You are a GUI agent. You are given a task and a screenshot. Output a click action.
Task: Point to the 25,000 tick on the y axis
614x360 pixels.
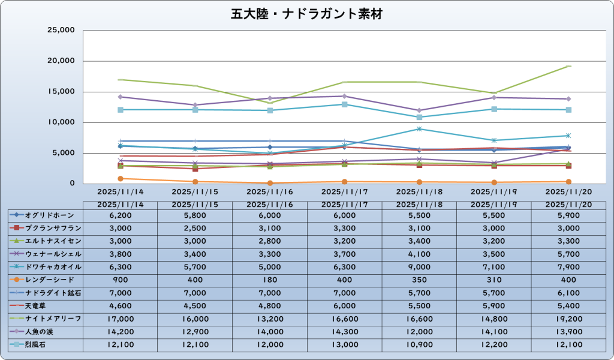[x=60, y=30]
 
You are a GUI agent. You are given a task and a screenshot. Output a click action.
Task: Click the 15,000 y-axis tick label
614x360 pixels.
[x=60, y=92]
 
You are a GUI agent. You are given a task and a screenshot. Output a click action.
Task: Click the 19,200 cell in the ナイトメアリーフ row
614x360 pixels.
[x=568, y=319]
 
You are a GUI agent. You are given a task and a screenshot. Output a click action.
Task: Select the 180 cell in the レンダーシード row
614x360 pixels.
[x=269, y=280]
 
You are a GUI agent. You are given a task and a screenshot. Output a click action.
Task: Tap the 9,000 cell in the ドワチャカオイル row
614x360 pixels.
[x=419, y=267]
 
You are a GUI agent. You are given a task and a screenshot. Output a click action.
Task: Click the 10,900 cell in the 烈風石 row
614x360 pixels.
[x=419, y=344]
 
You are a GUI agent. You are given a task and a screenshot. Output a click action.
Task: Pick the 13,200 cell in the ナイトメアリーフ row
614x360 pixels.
[x=269, y=319]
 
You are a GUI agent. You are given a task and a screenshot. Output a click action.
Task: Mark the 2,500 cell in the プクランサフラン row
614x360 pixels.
[x=194, y=228]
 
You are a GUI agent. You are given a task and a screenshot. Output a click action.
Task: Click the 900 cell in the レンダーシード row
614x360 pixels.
[x=120, y=280]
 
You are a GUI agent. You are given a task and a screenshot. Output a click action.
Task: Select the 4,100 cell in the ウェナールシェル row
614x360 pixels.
[x=419, y=254]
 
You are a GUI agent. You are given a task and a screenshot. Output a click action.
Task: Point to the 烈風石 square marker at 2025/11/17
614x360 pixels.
[x=345, y=104]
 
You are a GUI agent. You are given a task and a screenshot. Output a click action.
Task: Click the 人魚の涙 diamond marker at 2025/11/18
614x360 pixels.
[x=420, y=110]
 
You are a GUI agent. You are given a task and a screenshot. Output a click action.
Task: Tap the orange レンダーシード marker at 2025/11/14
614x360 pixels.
[x=121, y=179]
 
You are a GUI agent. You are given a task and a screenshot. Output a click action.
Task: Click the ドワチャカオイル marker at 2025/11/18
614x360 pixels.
[x=420, y=128]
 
